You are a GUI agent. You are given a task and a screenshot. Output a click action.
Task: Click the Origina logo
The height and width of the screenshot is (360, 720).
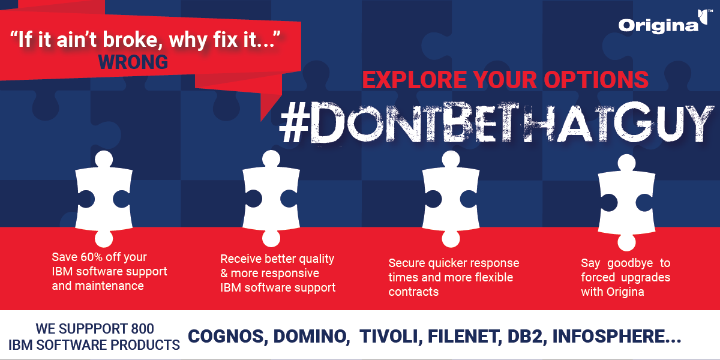coord(663,23)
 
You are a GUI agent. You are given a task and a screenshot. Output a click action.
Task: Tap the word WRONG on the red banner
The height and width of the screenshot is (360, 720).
coord(133,62)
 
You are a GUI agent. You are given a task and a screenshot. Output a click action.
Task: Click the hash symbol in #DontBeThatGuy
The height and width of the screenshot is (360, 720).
coord(295,123)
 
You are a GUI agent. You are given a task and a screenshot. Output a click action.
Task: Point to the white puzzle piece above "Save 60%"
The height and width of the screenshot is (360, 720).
coord(104,199)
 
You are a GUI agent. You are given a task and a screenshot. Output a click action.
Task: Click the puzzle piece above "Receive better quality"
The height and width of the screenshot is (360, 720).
coord(271,199)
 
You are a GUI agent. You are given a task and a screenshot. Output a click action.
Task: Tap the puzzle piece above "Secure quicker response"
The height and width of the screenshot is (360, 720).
coord(451,199)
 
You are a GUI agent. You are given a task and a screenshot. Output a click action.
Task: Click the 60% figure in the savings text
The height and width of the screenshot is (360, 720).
coord(92,257)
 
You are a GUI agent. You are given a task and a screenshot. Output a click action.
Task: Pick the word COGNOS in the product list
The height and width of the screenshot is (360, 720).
coord(228,337)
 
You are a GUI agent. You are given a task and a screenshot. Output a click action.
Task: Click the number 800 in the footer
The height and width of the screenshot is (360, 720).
coord(142,329)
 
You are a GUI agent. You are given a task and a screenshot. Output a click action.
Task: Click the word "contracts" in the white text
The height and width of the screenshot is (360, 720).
coord(413,292)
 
